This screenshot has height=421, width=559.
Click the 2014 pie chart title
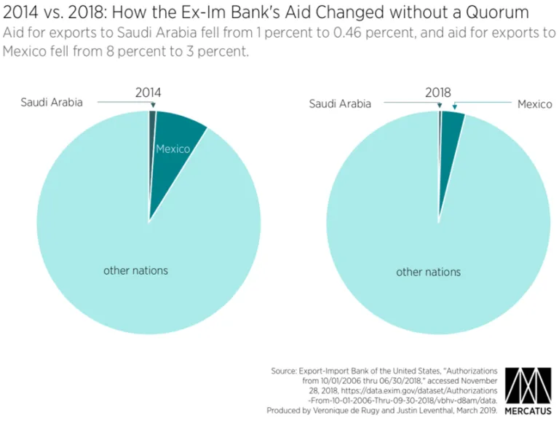pyautogui.click(x=148, y=93)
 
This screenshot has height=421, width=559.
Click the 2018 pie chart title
pyautogui.click(x=438, y=93)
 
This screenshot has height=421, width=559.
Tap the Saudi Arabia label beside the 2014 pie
pyautogui.click(x=51, y=102)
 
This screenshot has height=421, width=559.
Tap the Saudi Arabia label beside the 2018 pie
pyautogui.click(x=340, y=103)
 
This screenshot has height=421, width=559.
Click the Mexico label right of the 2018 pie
pyautogui.click(x=534, y=104)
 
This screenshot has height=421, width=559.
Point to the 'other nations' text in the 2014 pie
pyautogui.click(x=135, y=270)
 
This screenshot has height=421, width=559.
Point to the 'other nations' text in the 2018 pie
pyautogui.click(x=428, y=272)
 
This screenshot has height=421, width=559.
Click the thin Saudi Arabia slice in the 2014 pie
pyautogui.click(x=152, y=124)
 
